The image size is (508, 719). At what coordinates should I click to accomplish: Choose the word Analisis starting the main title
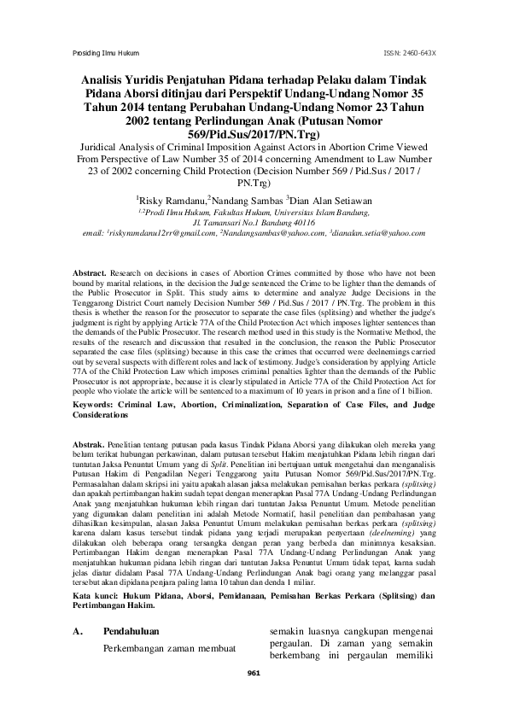point(99,79)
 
